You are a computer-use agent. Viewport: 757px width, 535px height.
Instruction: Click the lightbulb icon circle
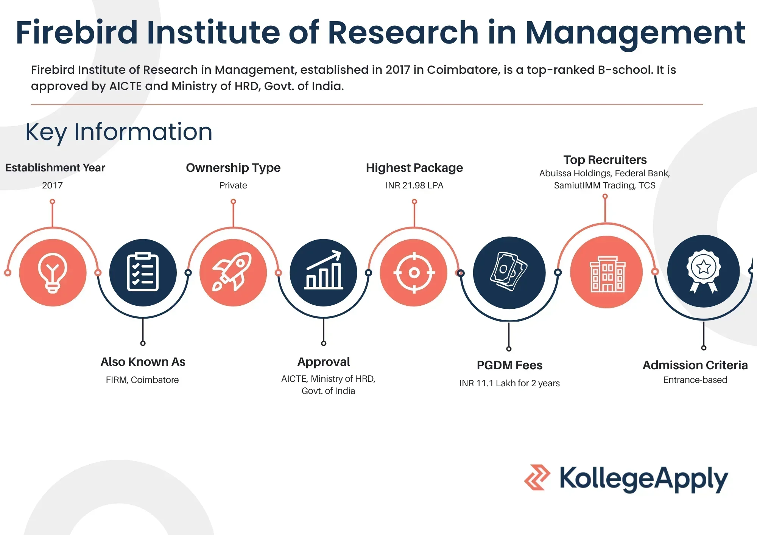point(53,272)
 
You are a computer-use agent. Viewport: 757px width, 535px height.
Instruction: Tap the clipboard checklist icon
point(143,272)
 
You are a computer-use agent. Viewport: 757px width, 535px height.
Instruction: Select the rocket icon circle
point(233,272)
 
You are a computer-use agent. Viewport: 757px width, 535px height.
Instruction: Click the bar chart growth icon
point(324,272)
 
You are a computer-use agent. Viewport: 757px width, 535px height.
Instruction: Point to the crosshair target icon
point(414,272)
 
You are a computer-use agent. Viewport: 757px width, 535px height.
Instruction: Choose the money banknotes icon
point(509,272)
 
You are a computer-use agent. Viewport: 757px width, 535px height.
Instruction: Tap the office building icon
point(607,272)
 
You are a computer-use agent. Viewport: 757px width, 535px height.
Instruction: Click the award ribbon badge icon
point(703,271)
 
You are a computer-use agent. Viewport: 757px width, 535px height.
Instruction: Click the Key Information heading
point(119,132)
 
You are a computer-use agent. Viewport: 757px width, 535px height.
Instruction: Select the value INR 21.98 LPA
point(414,185)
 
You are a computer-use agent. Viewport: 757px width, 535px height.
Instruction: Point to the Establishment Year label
point(55,168)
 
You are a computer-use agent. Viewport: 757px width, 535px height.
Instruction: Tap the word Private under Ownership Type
point(233,185)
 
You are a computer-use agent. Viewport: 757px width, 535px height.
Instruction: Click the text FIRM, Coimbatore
point(142,380)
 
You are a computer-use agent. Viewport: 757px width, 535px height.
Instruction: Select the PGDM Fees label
point(509,365)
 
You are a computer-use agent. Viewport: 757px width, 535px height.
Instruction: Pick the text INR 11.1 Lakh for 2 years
point(509,383)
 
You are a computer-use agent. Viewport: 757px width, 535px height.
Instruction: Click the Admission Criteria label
point(695,365)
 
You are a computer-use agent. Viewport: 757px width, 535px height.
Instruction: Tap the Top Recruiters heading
point(605,160)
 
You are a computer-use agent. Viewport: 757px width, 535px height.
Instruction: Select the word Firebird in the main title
point(77,33)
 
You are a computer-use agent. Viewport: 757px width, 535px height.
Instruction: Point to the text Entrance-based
point(695,380)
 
